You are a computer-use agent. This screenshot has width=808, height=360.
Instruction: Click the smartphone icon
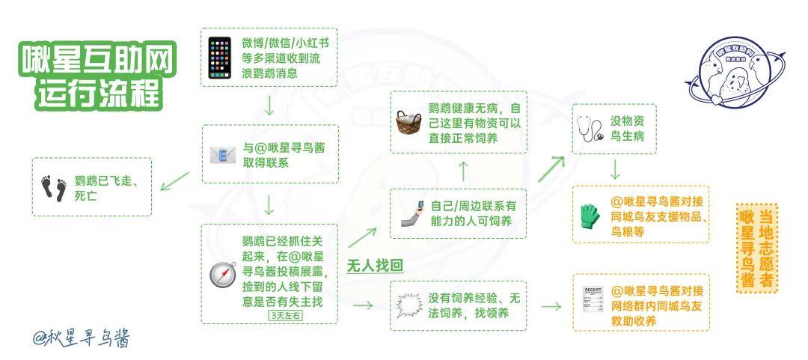(219, 57)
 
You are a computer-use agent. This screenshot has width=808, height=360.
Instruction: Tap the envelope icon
(223, 154)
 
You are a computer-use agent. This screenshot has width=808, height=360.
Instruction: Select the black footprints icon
(54, 188)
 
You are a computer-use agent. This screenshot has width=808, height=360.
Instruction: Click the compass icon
(223, 275)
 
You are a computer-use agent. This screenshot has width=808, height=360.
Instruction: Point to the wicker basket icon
(408, 122)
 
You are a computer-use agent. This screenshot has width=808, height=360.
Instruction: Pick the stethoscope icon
(590, 128)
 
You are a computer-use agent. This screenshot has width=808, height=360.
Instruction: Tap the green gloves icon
(590, 216)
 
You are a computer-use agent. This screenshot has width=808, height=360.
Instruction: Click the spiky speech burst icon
(410, 305)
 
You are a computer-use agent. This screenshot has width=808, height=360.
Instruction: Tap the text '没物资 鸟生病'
(627, 129)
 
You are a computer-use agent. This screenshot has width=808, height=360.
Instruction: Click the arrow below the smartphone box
(269, 106)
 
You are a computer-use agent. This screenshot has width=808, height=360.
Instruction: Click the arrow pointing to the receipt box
(551, 306)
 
